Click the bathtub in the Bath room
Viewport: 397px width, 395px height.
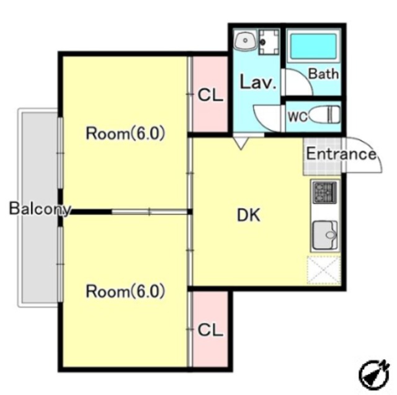313,47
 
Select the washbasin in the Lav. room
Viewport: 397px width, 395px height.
246,40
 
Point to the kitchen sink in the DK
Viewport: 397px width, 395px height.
325,235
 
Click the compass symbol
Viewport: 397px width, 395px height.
374,374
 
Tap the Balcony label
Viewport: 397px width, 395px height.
40,209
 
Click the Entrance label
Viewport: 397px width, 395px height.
341,154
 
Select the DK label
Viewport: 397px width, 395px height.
248,216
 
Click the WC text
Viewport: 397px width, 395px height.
298,117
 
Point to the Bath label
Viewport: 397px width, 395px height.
323,74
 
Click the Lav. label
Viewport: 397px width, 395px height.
257,82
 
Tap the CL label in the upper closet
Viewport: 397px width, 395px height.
210,95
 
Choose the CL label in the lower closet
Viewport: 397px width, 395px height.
210,331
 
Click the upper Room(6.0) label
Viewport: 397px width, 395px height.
125,133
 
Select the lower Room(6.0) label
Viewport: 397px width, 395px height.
125,291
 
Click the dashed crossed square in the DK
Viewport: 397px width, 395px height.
324,270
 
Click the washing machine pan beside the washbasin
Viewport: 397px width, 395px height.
269,42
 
